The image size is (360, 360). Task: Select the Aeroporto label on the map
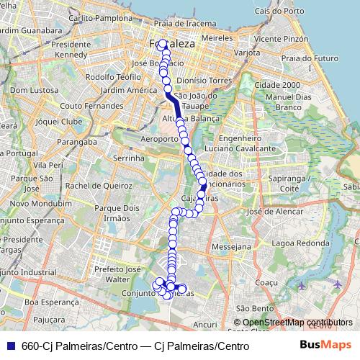[160, 138]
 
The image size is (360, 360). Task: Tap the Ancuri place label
[205, 325]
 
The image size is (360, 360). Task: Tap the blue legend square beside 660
[10, 346]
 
